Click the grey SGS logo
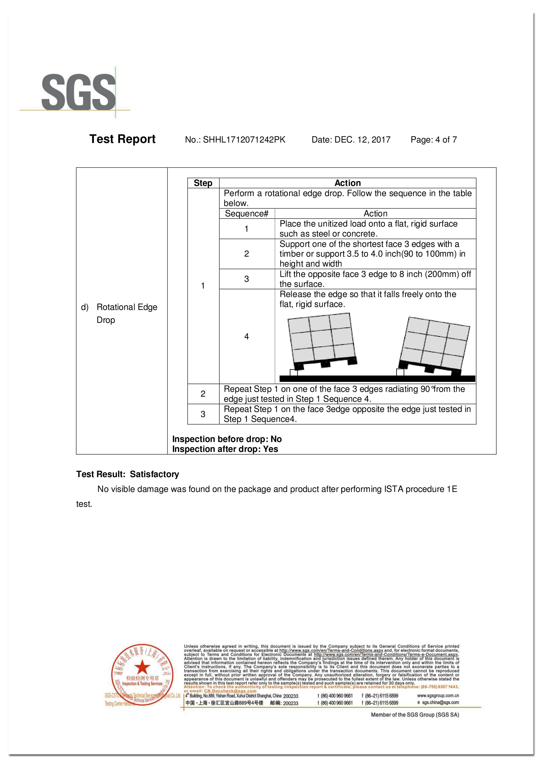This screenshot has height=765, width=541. pyautogui.click(x=78, y=92)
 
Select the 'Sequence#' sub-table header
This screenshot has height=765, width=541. pyautogui.click(x=247, y=214)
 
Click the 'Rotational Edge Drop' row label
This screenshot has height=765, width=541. pyautogui.click(x=127, y=313)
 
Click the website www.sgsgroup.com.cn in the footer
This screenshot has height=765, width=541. pyautogui.click(x=438, y=696)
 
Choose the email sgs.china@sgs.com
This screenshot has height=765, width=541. pyautogui.click(x=440, y=702)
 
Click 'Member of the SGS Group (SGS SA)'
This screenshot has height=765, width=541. pyautogui.click(x=415, y=715)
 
